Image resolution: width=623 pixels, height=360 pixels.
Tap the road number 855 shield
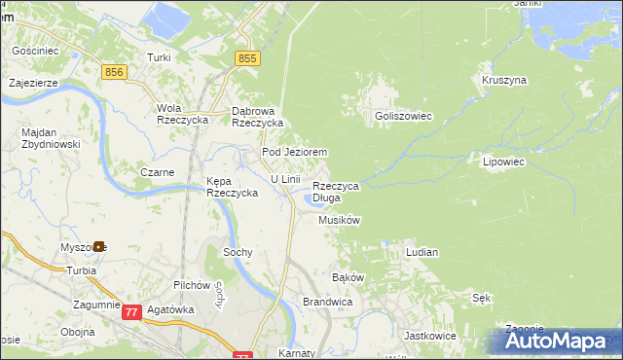point(247,59)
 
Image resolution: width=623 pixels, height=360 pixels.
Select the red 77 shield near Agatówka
point(131,312)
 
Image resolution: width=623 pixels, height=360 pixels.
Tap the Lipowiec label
point(503,162)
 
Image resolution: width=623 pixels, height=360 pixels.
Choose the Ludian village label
point(421,252)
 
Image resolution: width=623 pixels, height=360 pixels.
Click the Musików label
point(339,221)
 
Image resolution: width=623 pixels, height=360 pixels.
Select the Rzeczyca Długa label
point(336,192)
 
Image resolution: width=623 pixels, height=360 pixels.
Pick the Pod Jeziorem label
point(293,153)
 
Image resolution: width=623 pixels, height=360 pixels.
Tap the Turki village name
point(159,58)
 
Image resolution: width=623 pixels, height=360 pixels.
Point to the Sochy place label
point(238,252)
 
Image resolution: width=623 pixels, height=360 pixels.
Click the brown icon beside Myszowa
point(99,247)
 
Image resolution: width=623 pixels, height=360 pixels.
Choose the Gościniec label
point(35,49)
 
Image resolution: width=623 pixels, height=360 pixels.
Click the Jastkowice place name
point(429,335)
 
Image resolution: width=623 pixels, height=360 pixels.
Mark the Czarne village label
point(157,172)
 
